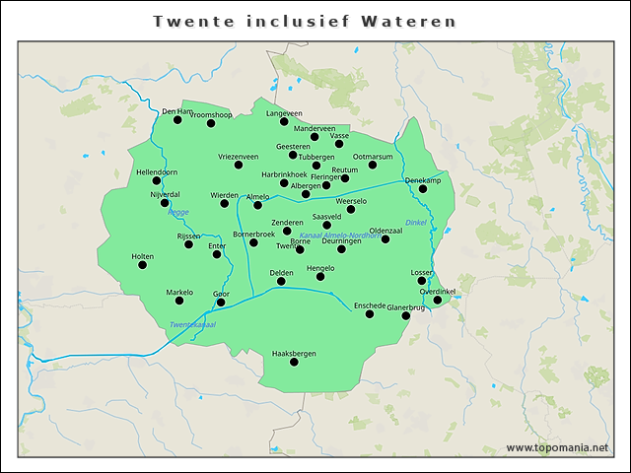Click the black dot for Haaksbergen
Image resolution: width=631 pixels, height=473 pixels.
[294, 363]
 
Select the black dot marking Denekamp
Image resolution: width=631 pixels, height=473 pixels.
[423, 189]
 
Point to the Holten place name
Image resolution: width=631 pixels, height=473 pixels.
[142, 255]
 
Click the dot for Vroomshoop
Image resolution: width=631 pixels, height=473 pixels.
[211, 123]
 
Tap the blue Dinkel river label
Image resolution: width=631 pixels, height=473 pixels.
[415, 223]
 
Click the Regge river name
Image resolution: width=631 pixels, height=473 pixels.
[178, 212]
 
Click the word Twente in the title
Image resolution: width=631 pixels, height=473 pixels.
[192, 21]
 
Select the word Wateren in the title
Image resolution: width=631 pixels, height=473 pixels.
[419, 21]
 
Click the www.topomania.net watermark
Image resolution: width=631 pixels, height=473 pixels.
[557, 447]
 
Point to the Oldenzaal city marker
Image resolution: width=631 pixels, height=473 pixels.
[386, 239]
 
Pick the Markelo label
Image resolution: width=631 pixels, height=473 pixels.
[179, 292]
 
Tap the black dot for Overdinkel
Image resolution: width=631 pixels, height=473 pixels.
[438, 300]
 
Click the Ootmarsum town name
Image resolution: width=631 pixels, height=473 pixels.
[373, 156]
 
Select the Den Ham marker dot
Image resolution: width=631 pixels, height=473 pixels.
[178, 120]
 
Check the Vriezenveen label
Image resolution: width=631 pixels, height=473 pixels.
[239, 156]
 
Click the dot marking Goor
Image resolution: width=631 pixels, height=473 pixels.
[221, 303]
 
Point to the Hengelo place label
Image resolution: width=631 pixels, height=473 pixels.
[320, 267]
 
